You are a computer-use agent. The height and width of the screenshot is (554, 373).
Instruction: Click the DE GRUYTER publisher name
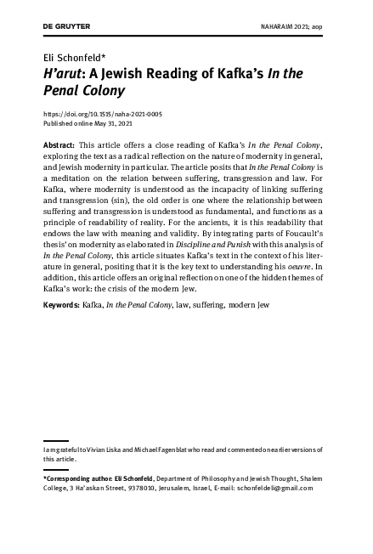(x=65, y=27)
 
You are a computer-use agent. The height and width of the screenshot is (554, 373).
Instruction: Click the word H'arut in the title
(x=64, y=74)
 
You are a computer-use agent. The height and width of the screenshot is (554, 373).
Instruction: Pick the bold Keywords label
(x=61, y=303)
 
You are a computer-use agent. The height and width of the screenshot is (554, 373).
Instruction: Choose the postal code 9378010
(x=156, y=489)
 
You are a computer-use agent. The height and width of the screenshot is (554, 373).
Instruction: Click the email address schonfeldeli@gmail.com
(x=288, y=489)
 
